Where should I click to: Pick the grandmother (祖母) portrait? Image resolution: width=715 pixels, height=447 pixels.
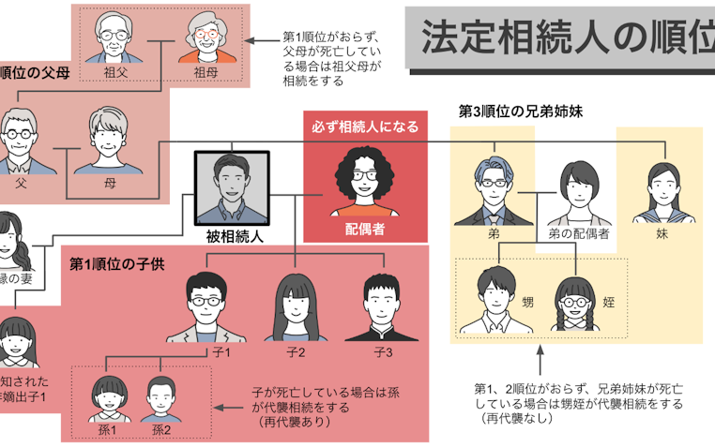[202, 37]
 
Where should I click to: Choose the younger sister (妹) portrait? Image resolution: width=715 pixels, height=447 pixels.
[664, 190]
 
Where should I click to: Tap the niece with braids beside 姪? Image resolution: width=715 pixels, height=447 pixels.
[577, 301]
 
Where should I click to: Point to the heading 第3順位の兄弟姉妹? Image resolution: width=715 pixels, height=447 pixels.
[521, 111]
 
